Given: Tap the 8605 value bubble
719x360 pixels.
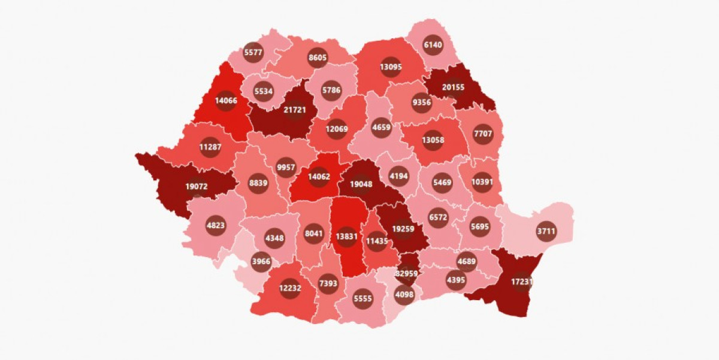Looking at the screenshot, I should coord(318,58).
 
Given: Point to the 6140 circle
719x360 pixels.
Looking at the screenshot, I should coord(433,44).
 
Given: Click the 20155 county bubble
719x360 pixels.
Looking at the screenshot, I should coord(454,88).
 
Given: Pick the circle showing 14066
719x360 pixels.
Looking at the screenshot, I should coord(226,101).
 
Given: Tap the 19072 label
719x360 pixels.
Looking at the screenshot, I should coord(197,187).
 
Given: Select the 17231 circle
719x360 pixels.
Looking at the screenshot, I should coord(522,281).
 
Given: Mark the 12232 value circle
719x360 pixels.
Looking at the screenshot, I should coord(290,289).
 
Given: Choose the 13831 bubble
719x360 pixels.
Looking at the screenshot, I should coord(347,236).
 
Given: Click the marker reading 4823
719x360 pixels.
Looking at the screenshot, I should coord(216,226).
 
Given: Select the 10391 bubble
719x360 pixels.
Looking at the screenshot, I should coord(483,181).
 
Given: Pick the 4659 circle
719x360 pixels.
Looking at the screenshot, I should coord(382,127).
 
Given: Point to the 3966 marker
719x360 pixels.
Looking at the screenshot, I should coord(261,261).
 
